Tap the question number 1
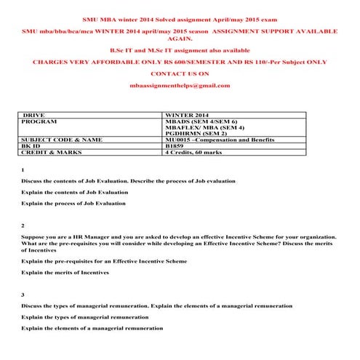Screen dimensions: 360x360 point(23,169)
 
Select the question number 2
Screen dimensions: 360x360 point(23,226)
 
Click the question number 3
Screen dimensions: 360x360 point(23,294)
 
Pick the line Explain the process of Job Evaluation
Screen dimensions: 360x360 point(73,204)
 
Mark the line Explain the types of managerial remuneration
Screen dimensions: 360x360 point(85,317)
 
